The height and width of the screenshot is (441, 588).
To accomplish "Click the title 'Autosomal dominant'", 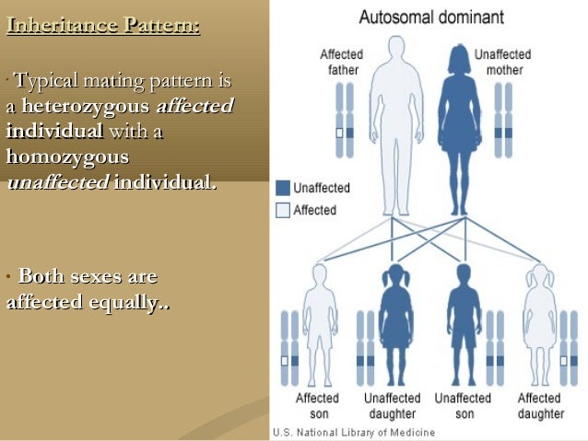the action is tap(431, 17).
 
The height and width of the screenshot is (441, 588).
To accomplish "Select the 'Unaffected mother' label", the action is tap(499, 62).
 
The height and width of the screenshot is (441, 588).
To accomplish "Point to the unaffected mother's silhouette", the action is tap(458, 120).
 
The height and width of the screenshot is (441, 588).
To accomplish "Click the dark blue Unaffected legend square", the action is tap(283, 188).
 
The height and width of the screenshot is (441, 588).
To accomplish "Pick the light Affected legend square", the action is tap(283, 210).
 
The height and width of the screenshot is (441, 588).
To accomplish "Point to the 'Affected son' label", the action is tap(317, 406).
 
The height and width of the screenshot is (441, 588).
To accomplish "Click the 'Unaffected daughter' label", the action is tap(392, 406).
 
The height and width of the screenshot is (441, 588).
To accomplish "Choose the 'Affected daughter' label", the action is tap(539, 406).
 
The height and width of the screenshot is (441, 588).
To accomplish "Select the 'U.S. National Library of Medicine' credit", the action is tap(352, 433).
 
